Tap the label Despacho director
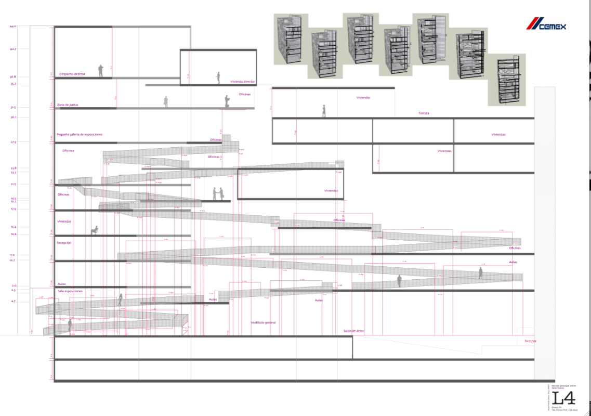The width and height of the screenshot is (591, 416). click(x=72, y=74)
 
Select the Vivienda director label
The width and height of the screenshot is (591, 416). click(x=243, y=82)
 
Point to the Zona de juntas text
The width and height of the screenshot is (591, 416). click(x=68, y=105)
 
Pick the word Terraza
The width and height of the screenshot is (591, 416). click(x=424, y=113)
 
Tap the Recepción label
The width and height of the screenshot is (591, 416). click(x=64, y=243)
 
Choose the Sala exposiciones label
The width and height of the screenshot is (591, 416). click(x=70, y=291)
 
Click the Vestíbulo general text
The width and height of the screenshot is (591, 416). click(x=263, y=322)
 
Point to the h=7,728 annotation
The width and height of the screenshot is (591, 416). click(x=530, y=341)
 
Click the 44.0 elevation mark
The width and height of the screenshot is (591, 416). click(x=13, y=26)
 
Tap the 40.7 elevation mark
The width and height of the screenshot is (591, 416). click(x=13, y=49)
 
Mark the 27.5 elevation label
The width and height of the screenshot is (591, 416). click(x=13, y=142)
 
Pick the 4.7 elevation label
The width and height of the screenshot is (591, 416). click(x=13, y=302)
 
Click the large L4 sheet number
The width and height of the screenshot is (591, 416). click(x=563, y=398)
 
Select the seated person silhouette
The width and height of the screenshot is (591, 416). click(x=95, y=230)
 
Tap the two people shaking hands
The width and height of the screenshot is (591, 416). click(x=218, y=194)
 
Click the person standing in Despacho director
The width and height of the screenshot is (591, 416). click(x=101, y=71)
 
